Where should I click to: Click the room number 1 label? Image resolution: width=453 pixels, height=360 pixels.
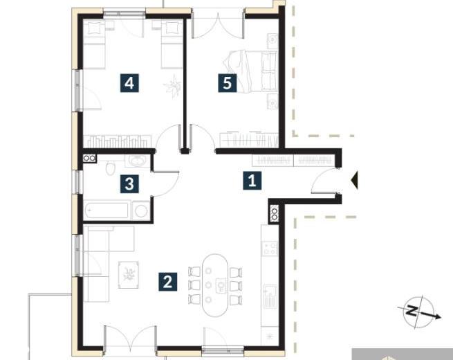pyautogui.click(x=252, y=181)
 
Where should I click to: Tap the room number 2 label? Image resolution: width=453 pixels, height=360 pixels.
pyautogui.click(x=168, y=281)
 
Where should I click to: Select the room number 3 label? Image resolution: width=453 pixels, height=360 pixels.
pyautogui.click(x=129, y=183)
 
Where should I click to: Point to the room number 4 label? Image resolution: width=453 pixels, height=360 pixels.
pyautogui.click(x=129, y=83)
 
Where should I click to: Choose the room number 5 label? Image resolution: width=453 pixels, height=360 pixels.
pyautogui.click(x=228, y=83)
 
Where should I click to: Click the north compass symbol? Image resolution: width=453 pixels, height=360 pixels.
pyautogui.click(x=419, y=312)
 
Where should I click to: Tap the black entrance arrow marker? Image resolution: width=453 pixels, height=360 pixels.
pyautogui.click(x=355, y=180)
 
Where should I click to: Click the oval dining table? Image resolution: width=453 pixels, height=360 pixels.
pyautogui.click(x=214, y=285)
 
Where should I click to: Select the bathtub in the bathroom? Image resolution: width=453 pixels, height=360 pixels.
pyautogui.click(x=107, y=210)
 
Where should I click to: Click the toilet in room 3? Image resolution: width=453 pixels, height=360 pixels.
pyautogui.click(x=111, y=168)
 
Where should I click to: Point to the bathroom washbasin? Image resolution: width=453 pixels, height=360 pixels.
pyautogui.click(x=138, y=161)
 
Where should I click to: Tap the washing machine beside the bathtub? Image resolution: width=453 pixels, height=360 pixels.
pyautogui.click(x=141, y=210)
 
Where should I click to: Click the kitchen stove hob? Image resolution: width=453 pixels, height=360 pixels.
pyautogui.click(x=270, y=249)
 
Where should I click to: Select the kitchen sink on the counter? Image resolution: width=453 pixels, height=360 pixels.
pyautogui.click(x=270, y=296)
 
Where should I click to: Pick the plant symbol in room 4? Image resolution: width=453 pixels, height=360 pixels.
pyautogui.click(x=173, y=86)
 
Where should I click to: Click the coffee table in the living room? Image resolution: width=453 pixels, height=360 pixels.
pyautogui.click(x=129, y=275)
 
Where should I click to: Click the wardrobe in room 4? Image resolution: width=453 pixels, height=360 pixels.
pyautogui.click(x=118, y=141)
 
